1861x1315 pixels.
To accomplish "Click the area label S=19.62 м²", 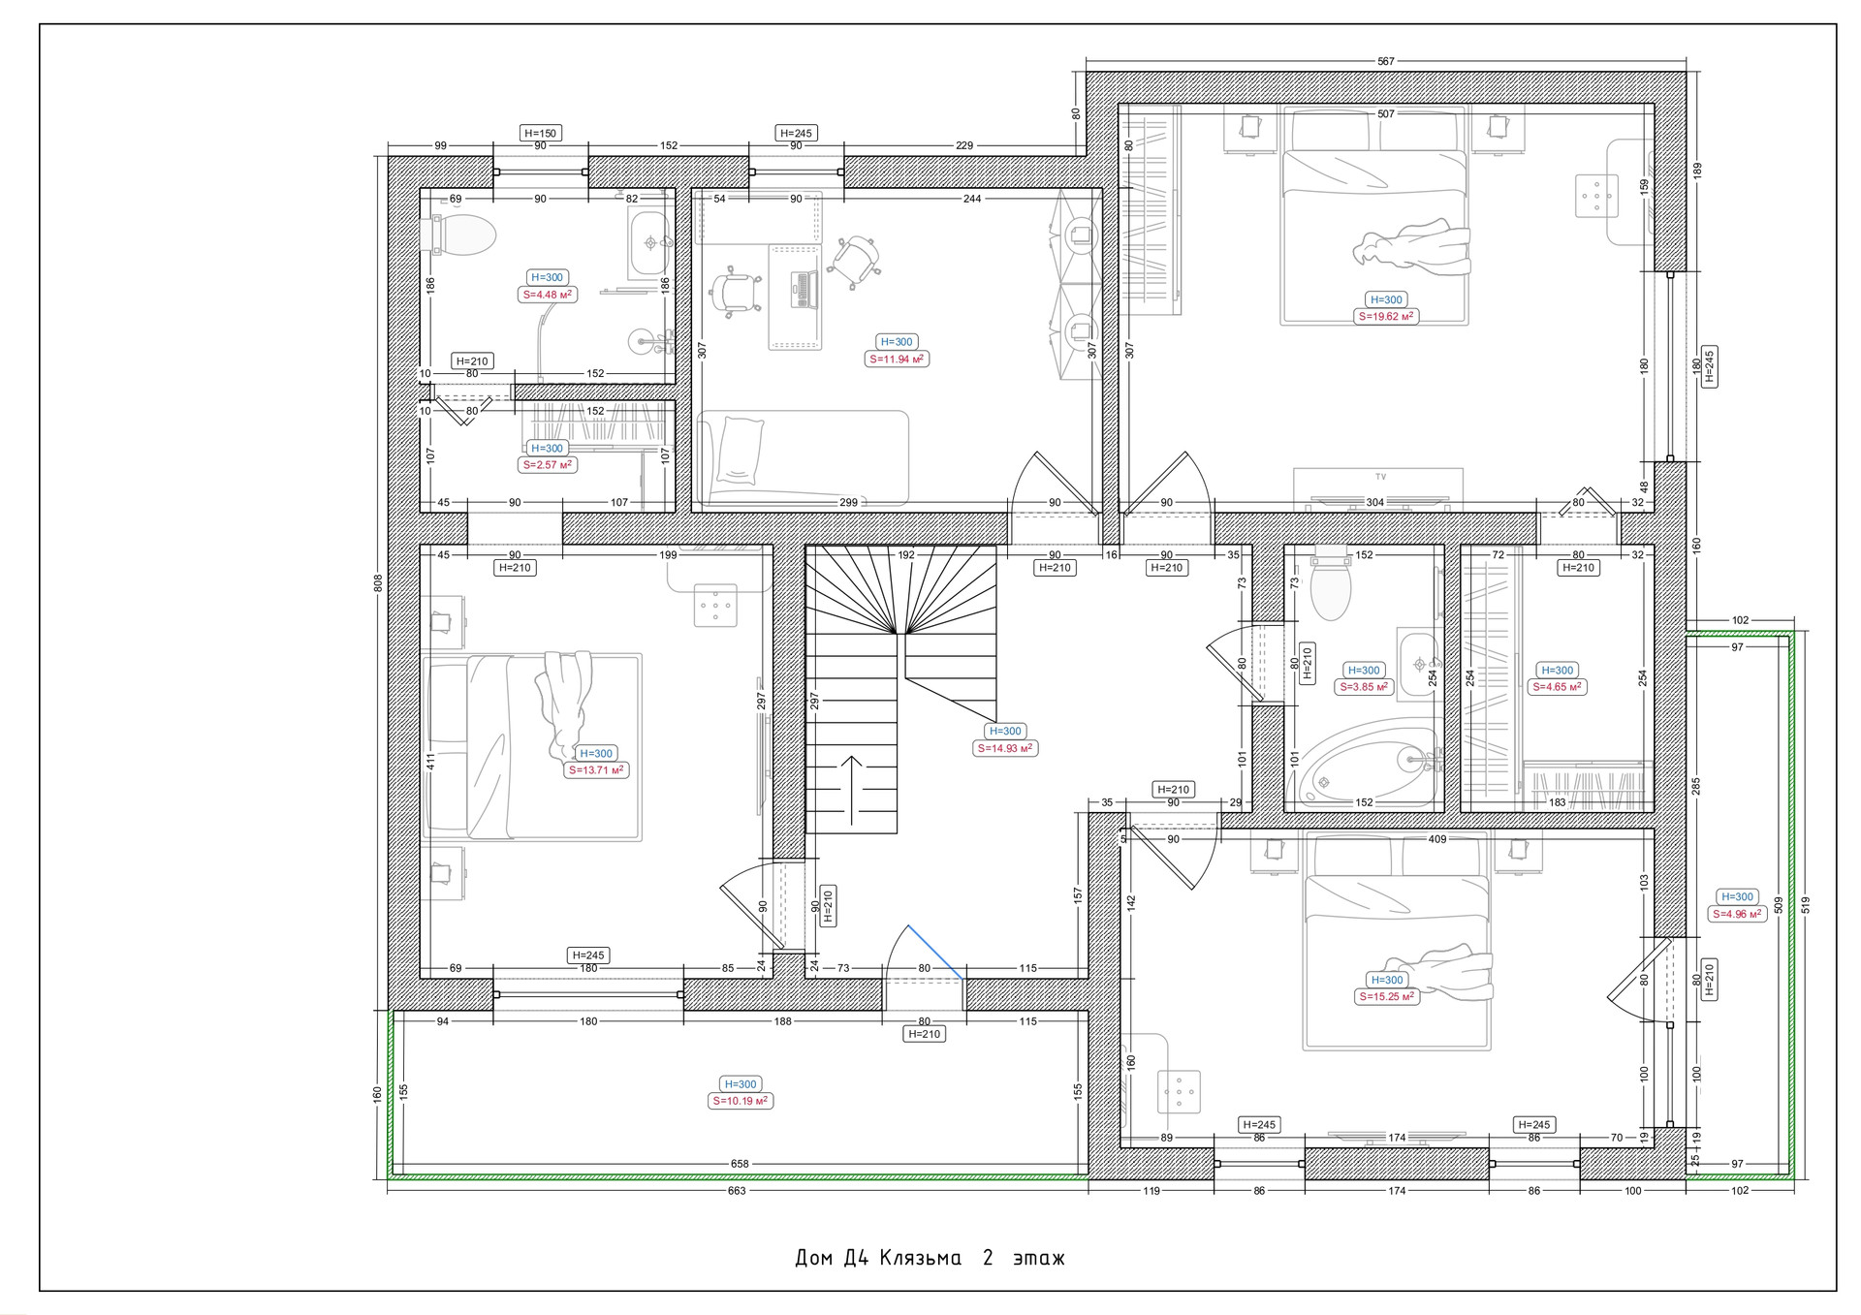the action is point(1386,316).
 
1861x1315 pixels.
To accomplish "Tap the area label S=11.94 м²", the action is point(897,359).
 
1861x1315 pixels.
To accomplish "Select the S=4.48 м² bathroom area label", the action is point(548,295).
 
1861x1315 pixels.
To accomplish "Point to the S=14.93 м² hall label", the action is point(1005,748).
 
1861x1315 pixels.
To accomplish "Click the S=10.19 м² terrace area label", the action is point(741,1101).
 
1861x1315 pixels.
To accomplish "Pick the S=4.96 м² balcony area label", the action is point(1737,914).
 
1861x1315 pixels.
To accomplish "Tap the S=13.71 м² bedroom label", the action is point(596,770).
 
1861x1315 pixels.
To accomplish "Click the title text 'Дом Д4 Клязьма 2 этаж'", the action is point(930,1258).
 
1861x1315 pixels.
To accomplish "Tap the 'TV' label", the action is point(1380,477).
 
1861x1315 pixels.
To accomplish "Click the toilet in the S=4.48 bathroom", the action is point(459,235).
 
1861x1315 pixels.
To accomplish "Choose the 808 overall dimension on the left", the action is point(378,582).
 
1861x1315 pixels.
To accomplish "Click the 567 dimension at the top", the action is point(1386,61).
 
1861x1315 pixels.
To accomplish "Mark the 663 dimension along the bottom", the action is point(738,1190).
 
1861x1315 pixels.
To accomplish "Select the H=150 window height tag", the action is point(541,133).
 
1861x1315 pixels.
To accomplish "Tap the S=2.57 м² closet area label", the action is point(548,465).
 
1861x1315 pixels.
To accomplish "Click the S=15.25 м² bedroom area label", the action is point(1386,996).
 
